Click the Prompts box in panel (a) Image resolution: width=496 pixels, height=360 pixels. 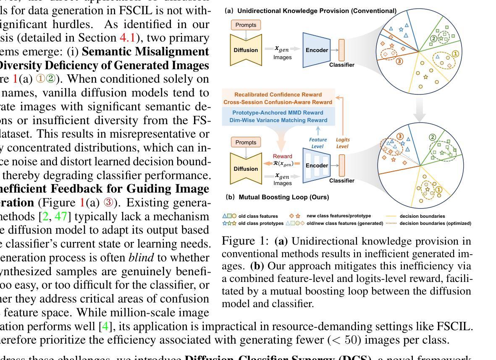point(246,25)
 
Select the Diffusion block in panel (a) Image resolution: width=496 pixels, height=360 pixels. point(246,50)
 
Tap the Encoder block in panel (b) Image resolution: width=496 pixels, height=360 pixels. point(317,165)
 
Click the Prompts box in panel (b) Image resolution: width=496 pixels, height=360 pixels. point(246,142)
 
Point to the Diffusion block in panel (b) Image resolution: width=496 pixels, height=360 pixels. point(246,169)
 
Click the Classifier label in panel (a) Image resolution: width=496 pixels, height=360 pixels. point(341,65)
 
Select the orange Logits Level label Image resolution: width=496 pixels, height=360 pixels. point(343,143)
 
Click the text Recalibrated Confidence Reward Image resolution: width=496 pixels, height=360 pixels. point(278,95)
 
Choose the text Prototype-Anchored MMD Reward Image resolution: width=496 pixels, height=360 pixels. point(278,113)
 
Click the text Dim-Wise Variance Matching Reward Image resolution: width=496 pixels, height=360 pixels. point(278,120)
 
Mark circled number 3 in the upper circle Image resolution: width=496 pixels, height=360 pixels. point(399,61)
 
